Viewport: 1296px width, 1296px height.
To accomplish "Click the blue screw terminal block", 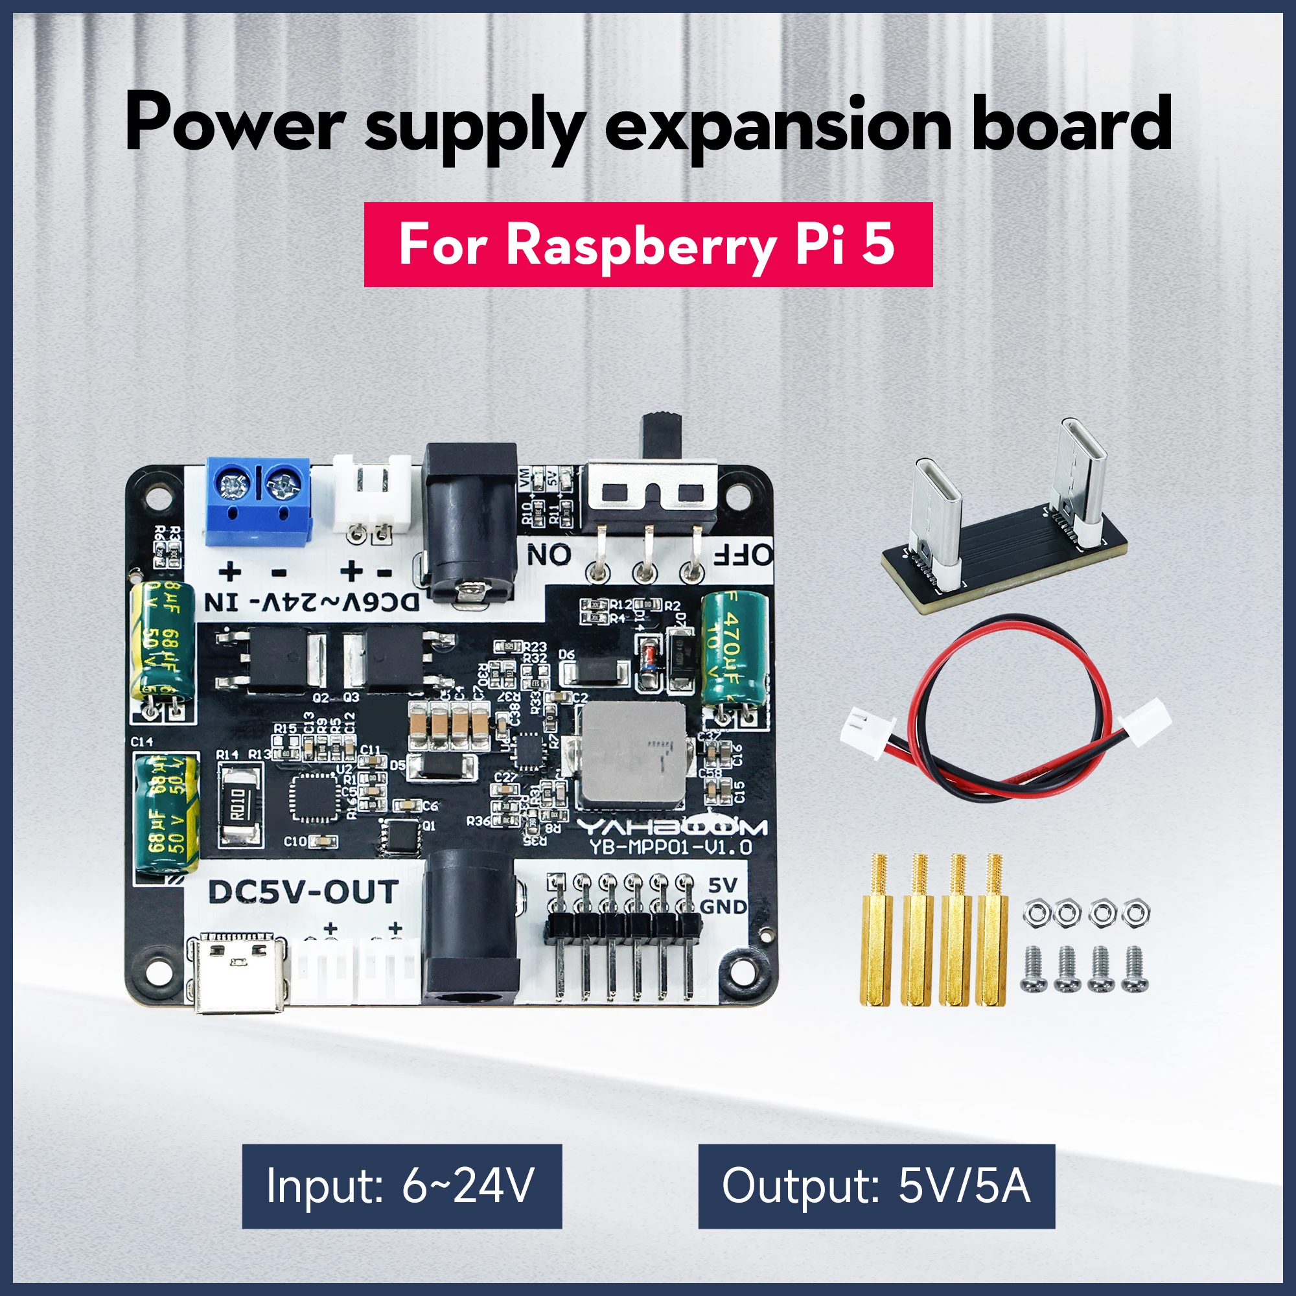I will [259, 500].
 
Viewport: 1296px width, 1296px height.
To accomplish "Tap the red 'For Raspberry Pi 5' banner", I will [648, 245].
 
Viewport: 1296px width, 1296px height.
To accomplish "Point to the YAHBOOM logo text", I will [671, 826].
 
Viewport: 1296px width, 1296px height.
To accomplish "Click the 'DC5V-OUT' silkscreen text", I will [303, 892].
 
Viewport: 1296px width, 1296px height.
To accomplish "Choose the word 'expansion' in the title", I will [778, 125].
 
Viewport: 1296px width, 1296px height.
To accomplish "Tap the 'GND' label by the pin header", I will [723, 907].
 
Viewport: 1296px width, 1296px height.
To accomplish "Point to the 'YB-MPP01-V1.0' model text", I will [671, 847].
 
